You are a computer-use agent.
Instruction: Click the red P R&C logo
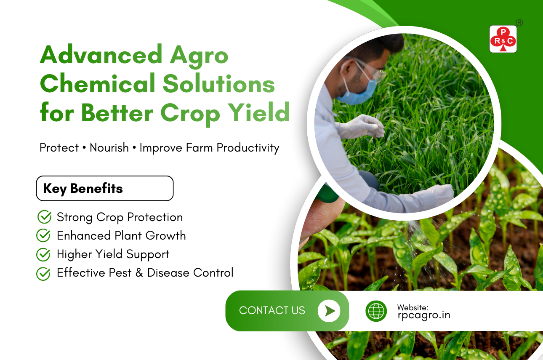503,39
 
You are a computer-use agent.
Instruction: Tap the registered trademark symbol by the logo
519,23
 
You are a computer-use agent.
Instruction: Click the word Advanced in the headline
101,54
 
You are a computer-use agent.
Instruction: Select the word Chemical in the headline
98,83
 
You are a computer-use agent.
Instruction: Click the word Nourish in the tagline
109,148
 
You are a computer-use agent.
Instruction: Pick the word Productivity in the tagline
248,148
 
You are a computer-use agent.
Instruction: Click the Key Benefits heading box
105,188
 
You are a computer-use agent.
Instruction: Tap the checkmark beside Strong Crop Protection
44,216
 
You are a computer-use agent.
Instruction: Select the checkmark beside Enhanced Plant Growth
43,235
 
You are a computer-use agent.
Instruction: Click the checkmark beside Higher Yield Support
43,254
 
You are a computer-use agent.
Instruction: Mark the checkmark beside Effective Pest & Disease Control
43,273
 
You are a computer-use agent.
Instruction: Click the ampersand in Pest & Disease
139,273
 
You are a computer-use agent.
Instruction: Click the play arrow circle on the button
329,311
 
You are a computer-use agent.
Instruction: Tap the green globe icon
376,311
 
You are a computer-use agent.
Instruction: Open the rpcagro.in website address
424,315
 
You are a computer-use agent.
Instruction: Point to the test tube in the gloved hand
377,125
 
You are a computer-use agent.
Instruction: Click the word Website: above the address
413,307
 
